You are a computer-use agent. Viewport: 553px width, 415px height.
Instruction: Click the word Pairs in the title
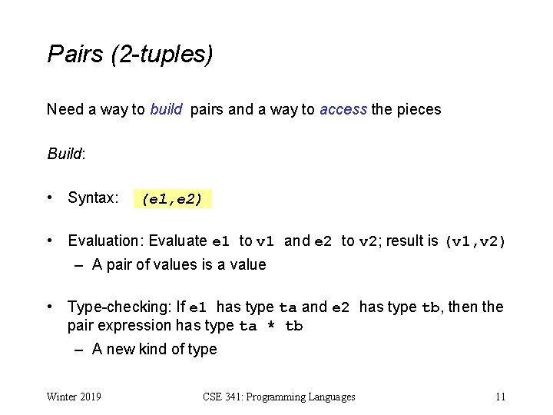75,54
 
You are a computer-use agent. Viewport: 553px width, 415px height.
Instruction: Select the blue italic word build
166,109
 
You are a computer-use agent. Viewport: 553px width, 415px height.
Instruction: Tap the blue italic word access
343,109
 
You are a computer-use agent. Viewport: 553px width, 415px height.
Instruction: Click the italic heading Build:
66,154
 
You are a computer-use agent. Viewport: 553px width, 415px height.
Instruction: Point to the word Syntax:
93,198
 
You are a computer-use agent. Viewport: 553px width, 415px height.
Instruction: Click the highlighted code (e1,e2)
172,200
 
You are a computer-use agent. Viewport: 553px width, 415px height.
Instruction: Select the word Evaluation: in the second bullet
107,241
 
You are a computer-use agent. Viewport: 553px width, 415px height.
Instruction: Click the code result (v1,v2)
476,241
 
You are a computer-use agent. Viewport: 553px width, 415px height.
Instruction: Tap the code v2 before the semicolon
369,241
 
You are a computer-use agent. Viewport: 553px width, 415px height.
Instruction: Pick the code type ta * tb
271,326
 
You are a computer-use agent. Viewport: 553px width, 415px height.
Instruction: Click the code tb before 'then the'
430,307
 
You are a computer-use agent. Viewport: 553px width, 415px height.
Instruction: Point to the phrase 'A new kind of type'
154,349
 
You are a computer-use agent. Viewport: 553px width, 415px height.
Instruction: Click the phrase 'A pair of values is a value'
179,264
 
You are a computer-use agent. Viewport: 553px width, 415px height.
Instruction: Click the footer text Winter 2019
75,397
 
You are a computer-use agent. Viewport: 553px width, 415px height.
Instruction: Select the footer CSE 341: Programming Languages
279,397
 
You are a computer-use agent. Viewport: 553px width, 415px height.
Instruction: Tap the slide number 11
500,397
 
